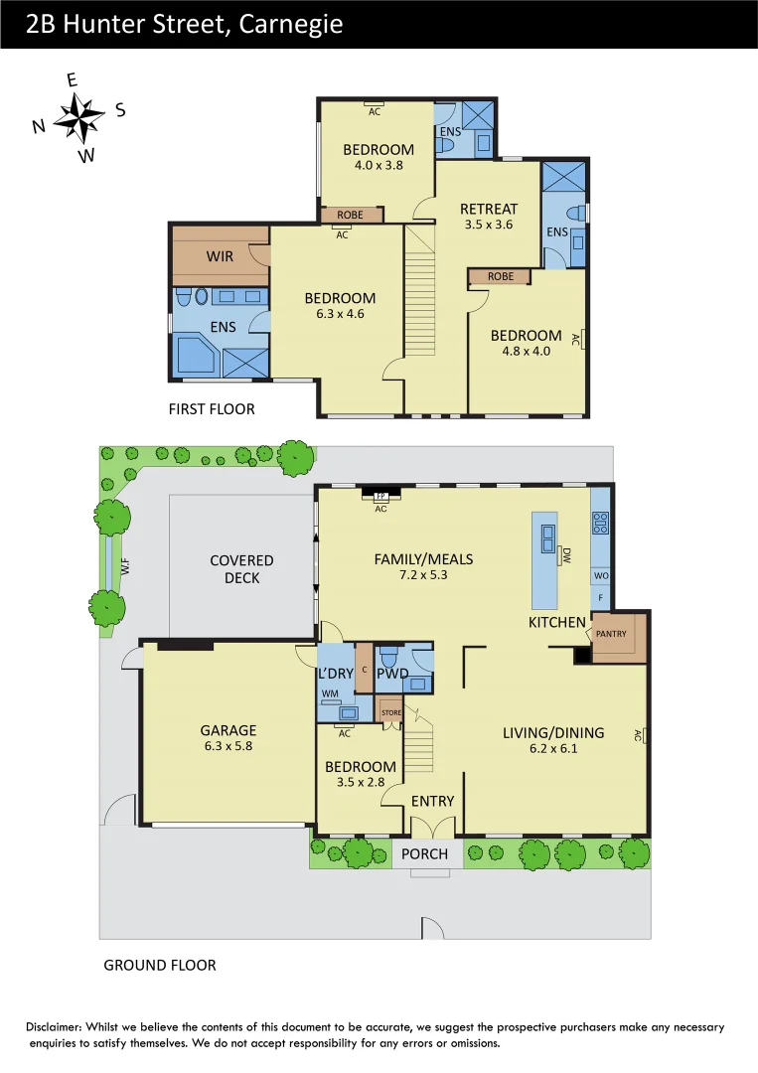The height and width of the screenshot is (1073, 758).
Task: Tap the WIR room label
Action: (x=220, y=256)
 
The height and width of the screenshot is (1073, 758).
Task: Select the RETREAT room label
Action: (x=489, y=209)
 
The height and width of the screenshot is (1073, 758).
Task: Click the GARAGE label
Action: (x=228, y=730)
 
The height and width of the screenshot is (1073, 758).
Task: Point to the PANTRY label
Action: (x=611, y=632)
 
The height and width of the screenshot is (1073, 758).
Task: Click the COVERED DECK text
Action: (x=241, y=569)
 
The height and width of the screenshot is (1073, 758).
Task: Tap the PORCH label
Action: (x=425, y=853)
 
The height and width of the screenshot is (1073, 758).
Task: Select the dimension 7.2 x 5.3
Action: (x=423, y=574)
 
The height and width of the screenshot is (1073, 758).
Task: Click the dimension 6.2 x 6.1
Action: (x=553, y=749)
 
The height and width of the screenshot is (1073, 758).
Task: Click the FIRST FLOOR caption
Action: (x=212, y=408)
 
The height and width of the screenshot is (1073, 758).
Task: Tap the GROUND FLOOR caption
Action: (x=160, y=965)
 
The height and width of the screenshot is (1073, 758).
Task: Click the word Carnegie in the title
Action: (x=292, y=24)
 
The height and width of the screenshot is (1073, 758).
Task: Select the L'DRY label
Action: (x=336, y=674)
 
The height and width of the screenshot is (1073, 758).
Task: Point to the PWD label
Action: (x=392, y=674)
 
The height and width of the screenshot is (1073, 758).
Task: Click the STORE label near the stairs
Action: (x=391, y=712)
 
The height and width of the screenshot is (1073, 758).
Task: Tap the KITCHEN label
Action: (x=557, y=622)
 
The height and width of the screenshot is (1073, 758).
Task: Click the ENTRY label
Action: (x=432, y=801)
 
